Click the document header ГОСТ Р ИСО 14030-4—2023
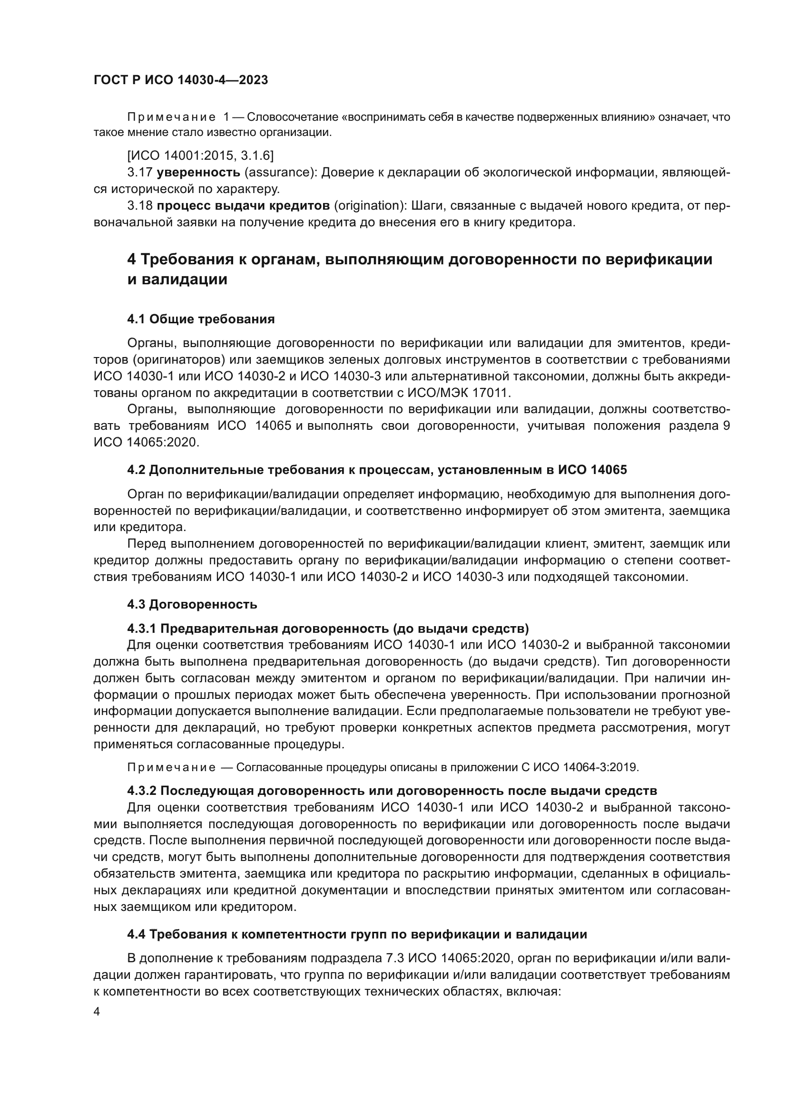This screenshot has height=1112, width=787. tap(180, 80)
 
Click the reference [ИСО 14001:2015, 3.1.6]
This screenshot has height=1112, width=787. tap(200, 155)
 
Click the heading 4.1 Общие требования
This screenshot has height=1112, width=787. tap(201, 319)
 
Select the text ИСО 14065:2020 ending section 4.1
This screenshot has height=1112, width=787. tap(146, 443)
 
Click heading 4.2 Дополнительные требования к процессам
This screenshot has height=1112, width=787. tap(376, 470)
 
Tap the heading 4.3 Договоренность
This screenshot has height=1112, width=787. tap(192, 604)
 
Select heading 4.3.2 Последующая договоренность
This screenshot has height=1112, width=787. tap(392, 791)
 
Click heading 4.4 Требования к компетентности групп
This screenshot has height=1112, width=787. tap(357, 934)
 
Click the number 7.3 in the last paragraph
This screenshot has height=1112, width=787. tap(395, 958)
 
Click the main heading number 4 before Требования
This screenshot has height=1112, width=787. tap(131, 260)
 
